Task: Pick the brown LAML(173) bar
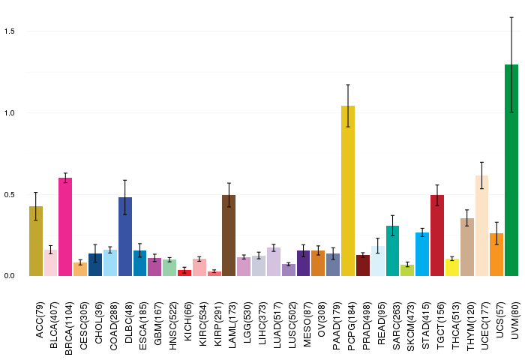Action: pos(229,235)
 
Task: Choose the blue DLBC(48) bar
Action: pos(124,236)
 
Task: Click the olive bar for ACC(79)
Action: pos(36,241)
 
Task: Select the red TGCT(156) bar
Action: pos(437,235)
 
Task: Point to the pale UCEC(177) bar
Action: pos(481,226)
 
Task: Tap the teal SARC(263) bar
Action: pos(392,250)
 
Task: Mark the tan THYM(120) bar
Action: pos(466,247)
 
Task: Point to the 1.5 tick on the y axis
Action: pos(10,31)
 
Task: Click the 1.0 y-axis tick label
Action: pos(10,113)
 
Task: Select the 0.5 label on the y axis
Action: pos(10,195)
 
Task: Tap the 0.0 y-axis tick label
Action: pos(10,276)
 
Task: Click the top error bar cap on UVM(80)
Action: pos(511,17)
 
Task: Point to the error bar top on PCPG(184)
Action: pos(348,85)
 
